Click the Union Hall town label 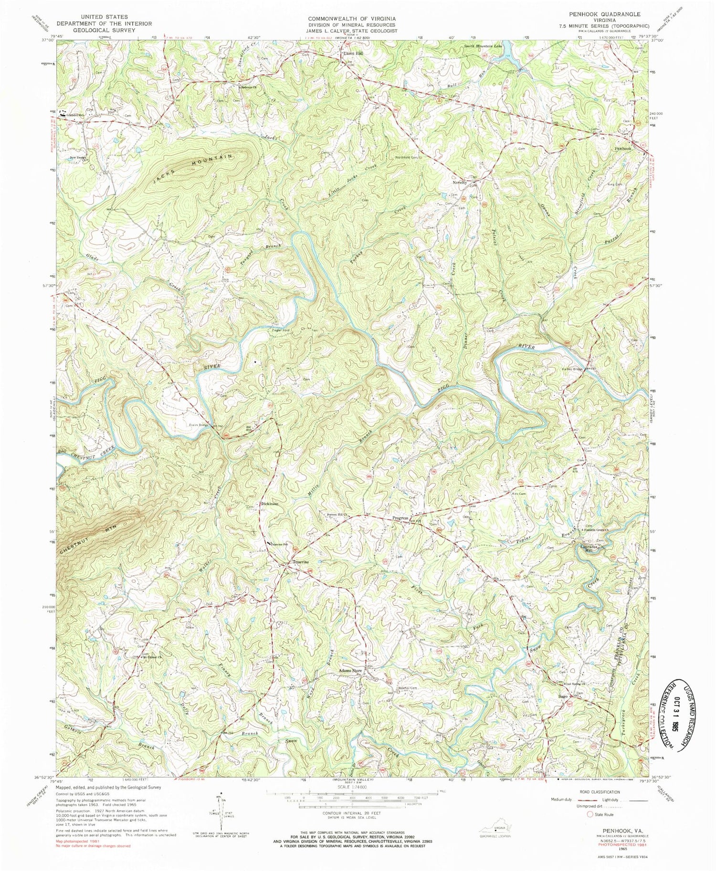(x=354, y=54)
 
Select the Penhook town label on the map (x=622, y=149)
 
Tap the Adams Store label (x=351, y=670)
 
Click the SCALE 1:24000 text (x=351, y=786)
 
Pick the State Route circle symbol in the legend (x=590, y=814)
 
